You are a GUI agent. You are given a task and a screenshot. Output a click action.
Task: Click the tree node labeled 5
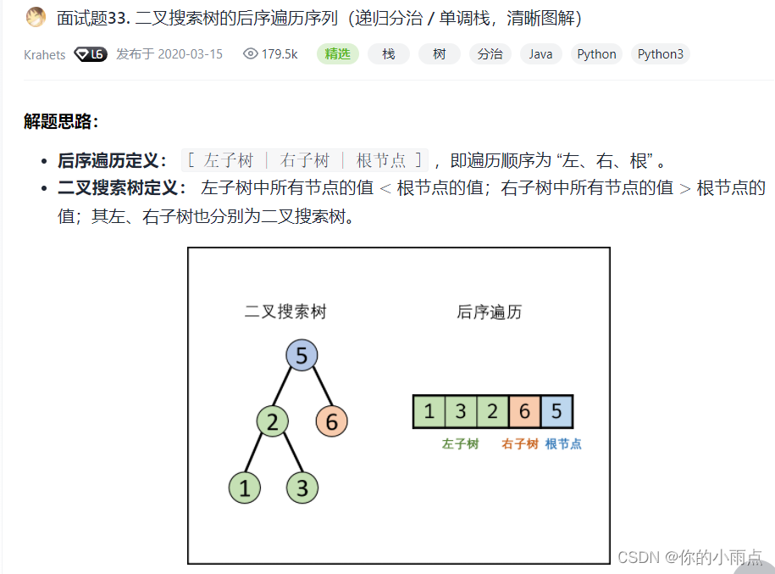coord(302,356)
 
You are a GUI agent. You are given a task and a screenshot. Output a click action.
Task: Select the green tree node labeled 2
coord(272,421)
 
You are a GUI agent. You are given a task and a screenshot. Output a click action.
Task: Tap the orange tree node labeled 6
coord(331,421)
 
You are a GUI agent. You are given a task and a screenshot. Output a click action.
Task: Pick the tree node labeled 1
coord(245,488)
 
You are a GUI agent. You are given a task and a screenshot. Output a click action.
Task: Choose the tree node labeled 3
coord(302,488)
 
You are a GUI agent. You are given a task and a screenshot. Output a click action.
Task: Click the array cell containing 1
coord(429,412)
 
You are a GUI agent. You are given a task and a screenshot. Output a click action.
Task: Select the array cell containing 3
coord(460,412)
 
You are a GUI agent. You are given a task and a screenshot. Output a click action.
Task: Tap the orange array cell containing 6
coord(524,412)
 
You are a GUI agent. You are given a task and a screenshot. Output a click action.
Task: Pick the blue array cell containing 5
coord(556,412)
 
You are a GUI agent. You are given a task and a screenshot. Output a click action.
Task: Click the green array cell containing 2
coord(492,412)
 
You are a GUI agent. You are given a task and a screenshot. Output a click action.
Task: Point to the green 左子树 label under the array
coord(460,444)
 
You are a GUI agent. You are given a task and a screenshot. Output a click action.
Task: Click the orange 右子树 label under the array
coord(520,444)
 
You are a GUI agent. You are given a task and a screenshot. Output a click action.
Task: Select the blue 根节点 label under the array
coord(563,444)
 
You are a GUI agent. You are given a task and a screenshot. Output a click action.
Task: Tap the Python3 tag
coord(661,54)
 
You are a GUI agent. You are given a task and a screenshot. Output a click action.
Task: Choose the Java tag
coord(540,54)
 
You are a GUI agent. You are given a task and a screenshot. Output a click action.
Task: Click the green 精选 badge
coord(338,54)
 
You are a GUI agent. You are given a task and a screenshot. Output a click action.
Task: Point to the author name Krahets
coord(45,54)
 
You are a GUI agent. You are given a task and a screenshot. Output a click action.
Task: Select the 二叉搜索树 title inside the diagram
coord(285,312)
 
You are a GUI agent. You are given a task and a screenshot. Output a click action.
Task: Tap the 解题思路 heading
coord(61,121)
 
